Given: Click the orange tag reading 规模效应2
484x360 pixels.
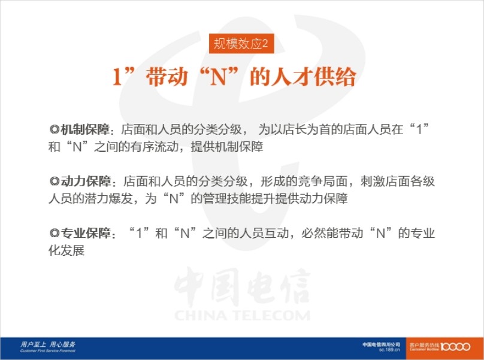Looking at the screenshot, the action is [x=241, y=44].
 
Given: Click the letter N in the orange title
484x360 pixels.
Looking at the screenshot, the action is [x=218, y=77].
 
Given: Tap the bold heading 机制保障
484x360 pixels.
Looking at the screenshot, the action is [x=84, y=129].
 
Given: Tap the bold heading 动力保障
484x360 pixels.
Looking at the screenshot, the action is [x=86, y=181].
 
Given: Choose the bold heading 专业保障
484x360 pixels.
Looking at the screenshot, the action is [x=86, y=233].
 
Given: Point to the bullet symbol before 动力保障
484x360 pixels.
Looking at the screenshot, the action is [x=54, y=181].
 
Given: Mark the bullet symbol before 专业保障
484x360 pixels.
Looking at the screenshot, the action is [x=54, y=234].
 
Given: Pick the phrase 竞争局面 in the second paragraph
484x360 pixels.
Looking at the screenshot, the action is [x=322, y=181].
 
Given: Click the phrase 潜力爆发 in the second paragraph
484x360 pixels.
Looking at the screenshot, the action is [x=108, y=198].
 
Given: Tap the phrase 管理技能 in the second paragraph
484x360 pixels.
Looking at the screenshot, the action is [x=227, y=198].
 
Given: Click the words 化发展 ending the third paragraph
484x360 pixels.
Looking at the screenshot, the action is [x=66, y=250].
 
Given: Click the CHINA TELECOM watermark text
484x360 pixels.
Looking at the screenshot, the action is [x=243, y=316].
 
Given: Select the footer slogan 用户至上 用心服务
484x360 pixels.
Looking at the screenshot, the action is [x=48, y=344].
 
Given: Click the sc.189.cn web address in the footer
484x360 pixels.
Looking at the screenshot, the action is [x=389, y=350].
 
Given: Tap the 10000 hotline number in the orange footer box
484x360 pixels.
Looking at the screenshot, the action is [x=455, y=347].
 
